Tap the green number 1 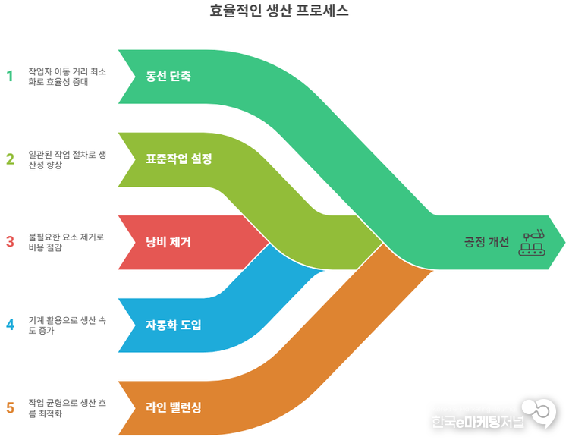point(10,76)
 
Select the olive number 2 point(10,159)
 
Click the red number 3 point(10,242)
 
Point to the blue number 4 point(10,325)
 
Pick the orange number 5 point(10,408)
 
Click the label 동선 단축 point(168,77)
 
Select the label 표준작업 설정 point(179,159)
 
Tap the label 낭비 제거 point(168,243)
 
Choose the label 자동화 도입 point(174,325)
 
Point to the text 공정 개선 point(486,242)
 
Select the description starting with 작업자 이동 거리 point(67,76)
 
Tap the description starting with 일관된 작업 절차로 point(67,159)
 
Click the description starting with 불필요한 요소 point(66,242)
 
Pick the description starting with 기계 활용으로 point(67,325)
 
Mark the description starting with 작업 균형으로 point(67,408)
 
